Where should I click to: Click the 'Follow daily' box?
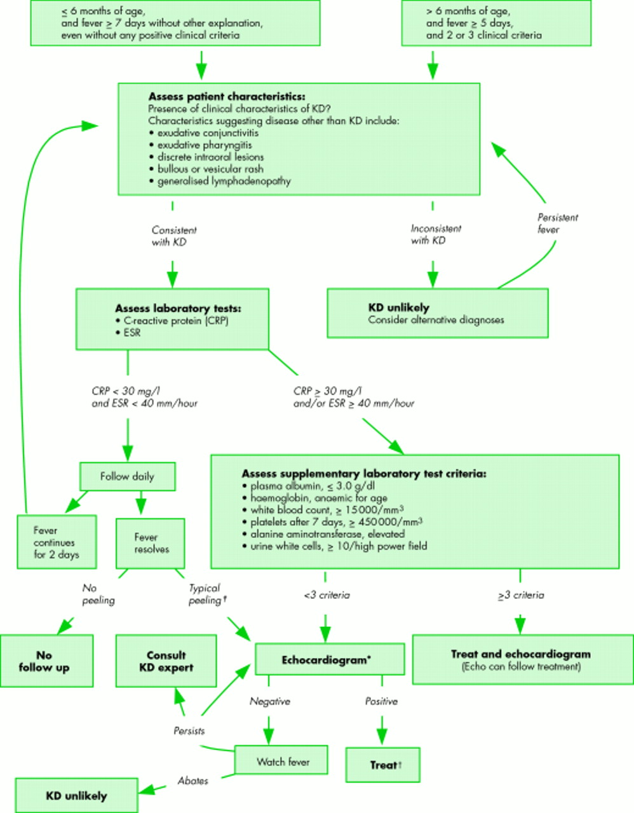pyautogui.click(x=127, y=476)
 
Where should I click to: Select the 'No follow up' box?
pyautogui.click(x=46, y=661)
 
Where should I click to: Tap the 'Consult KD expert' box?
pyautogui.click(x=166, y=661)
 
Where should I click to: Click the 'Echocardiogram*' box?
pyautogui.click(x=329, y=660)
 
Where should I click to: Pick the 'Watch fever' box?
pyautogui.click(x=281, y=761)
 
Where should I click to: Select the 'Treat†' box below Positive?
pyautogui.click(x=383, y=765)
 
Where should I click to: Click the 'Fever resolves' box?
pyautogui.click(x=151, y=543)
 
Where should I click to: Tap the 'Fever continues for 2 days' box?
pyautogui.click(x=57, y=542)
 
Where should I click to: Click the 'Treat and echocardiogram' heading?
pyautogui.click(x=520, y=654)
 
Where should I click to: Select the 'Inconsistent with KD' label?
pyautogui.click(x=436, y=234)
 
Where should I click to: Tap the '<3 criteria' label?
pyautogui.click(x=327, y=595)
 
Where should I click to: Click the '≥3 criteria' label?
pyautogui.click(x=521, y=595)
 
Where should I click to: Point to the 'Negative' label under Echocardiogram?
pyautogui.click(x=269, y=701)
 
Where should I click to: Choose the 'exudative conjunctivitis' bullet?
pyautogui.click(x=207, y=133)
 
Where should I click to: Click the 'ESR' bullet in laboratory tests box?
pyautogui.click(x=132, y=333)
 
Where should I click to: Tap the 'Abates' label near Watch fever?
pyautogui.click(x=192, y=781)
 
